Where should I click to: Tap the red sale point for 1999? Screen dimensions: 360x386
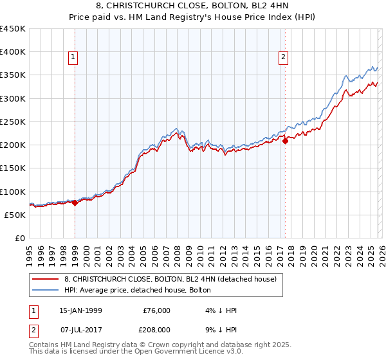[x=75, y=203]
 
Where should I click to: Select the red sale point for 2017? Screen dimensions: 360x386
[x=285, y=141]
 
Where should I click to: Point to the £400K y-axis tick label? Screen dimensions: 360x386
[x=13, y=52]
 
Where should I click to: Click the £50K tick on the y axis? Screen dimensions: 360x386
[x=15, y=215]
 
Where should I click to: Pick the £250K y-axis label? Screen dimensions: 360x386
[x=13, y=122]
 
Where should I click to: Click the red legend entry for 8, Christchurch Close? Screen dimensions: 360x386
[x=170, y=279]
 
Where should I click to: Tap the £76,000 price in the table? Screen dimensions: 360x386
[x=156, y=310]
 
